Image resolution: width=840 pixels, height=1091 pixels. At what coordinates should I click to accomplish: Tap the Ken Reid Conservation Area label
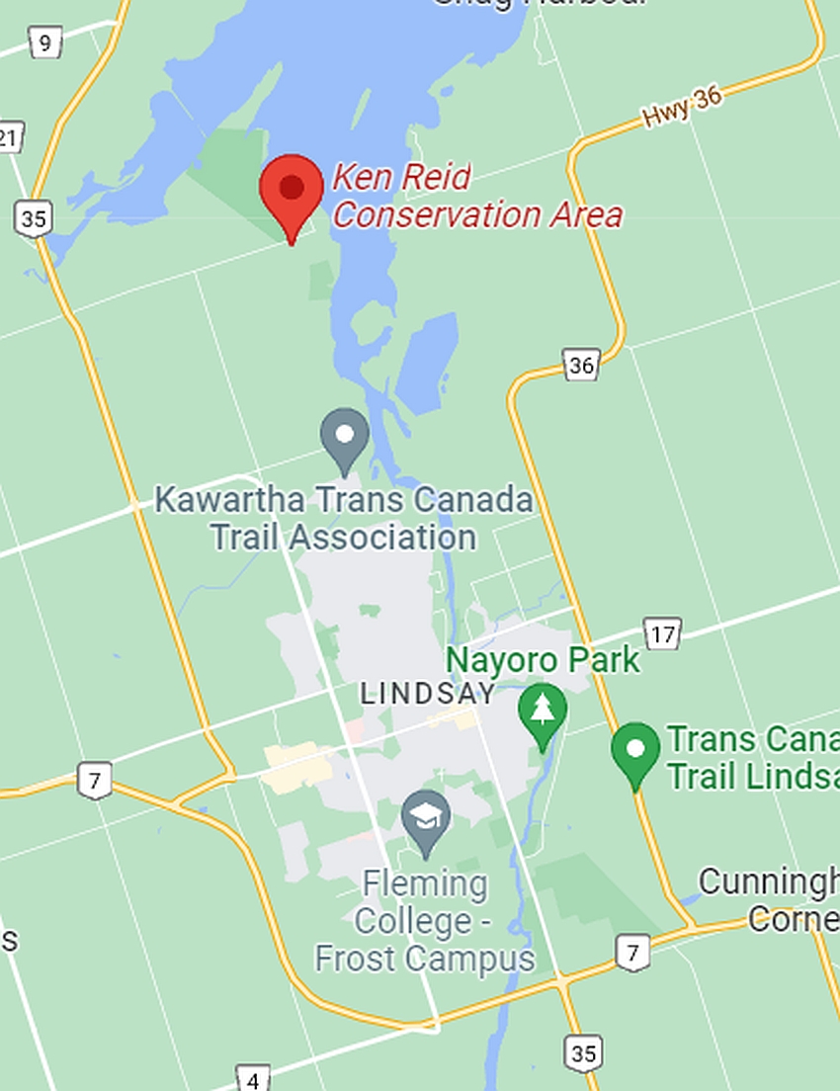[x=476, y=196]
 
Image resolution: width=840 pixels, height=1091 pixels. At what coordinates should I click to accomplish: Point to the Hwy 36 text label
[x=682, y=107]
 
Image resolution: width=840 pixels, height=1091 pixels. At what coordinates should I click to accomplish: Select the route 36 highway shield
[x=581, y=365]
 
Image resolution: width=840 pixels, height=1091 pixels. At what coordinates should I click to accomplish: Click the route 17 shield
[x=662, y=633]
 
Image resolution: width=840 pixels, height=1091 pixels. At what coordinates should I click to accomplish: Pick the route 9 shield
[x=44, y=42]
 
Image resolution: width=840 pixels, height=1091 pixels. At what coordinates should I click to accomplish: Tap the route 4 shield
[x=253, y=1079]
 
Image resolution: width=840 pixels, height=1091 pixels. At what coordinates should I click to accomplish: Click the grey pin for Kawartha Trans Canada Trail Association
[x=345, y=438]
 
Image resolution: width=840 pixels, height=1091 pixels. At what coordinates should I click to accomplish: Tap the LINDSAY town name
[x=427, y=693]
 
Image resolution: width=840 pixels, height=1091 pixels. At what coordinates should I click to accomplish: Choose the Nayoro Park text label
[x=543, y=660]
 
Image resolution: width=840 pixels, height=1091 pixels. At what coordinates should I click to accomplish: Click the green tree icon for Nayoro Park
[x=543, y=711]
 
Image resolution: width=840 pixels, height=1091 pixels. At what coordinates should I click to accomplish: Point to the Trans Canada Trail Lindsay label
[x=752, y=757]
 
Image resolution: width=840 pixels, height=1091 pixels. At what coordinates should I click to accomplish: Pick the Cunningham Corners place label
[x=769, y=899]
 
